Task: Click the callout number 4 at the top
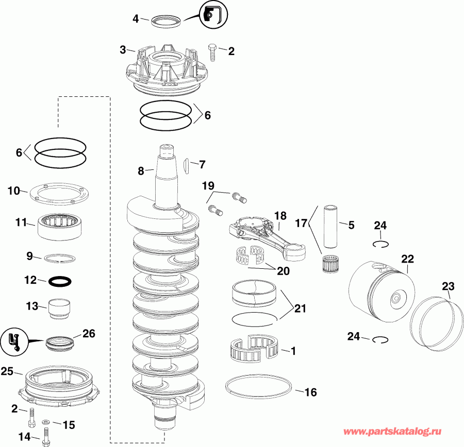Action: [136, 19]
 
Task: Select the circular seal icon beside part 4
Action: [209, 14]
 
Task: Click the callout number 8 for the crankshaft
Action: [141, 171]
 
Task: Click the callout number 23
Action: [448, 286]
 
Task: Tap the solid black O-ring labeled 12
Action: [60, 282]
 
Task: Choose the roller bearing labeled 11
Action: [61, 226]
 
